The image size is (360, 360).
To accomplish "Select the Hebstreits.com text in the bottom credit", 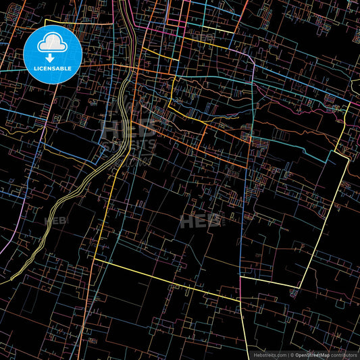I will point(269,355).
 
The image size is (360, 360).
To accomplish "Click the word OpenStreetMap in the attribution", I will point(312,355).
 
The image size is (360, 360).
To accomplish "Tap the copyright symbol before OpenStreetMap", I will point(291,355).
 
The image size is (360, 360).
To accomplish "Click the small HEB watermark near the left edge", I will point(55,220).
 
